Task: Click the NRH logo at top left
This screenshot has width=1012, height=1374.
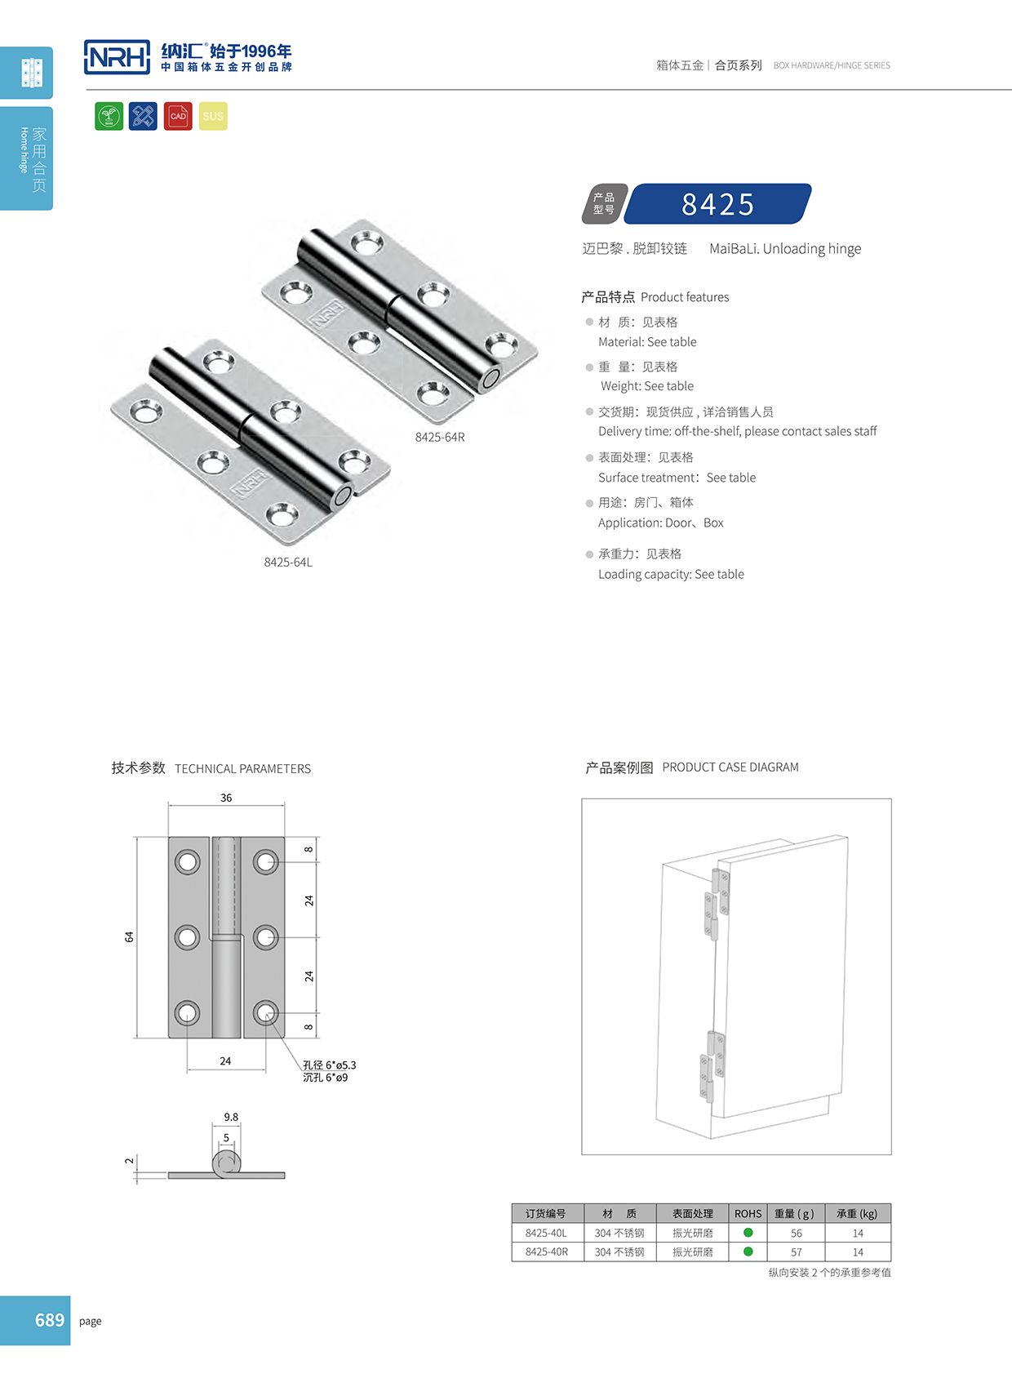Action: pyautogui.click(x=118, y=57)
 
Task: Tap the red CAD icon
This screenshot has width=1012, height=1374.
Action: pyautogui.click(x=178, y=116)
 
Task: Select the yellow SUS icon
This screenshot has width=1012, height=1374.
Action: pyautogui.click(x=213, y=116)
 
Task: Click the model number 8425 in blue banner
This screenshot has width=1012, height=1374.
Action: pyautogui.click(x=717, y=204)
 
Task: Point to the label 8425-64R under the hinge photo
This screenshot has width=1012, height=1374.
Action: pyautogui.click(x=440, y=437)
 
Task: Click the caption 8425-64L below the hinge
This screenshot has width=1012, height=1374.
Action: pyautogui.click(x=288, y=562)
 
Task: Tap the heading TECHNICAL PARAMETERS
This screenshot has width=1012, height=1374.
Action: pyautogui.click(x=242, y=768)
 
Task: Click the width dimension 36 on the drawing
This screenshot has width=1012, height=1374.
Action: pyautogui.click(x=226, y=798)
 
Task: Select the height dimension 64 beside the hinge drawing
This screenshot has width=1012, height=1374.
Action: pyautogui.click(x=129, y=936)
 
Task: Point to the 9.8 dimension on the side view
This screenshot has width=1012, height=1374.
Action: pyautogui.click(x=231, y=1117)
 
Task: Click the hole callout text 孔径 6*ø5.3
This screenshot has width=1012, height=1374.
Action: pyautogui.click(x=329, y=1065)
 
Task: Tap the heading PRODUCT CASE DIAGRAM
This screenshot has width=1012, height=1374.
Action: pyautogui.click(x=730, y=767)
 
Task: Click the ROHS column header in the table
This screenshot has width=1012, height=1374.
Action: pyautogui.click(x=748, y=1213)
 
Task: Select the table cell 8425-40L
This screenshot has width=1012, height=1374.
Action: pyautogui.click(x=546, y=1233)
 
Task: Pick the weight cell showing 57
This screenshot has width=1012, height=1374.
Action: pyautogui.click(x=796, y=1252)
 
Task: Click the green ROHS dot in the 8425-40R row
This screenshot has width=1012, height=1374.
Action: pyautogui.click(x=748, y=1251)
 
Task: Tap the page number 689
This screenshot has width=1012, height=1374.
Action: pyautogui.click(x=49, y=1320)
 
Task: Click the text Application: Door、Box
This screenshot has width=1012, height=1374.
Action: pyautogui.click(x=660, y=522)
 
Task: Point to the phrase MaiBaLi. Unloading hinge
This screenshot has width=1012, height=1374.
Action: pyautogui.click(x=784, y=248)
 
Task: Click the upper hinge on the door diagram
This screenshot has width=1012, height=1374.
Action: pyautogui.click(x=717, y=902)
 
